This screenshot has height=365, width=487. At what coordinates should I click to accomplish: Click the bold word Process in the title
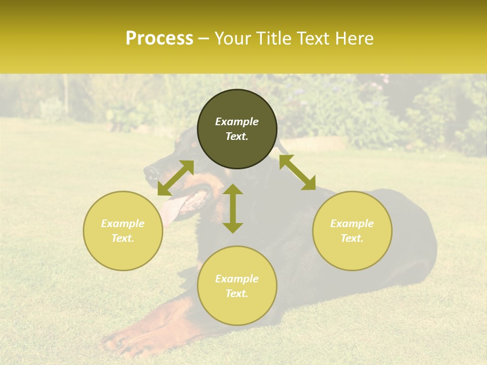(159, 39)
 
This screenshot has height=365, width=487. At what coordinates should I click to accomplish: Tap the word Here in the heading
(355, 39)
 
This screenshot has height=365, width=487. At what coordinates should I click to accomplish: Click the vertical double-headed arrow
(233, 208)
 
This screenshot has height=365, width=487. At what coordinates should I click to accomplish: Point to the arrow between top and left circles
(176, 178)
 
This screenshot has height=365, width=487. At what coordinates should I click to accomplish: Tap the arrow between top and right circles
(297, 172)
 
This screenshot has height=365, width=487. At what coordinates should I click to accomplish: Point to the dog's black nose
(150, 174)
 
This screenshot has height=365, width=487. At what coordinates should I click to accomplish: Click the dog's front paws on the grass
(127, 345)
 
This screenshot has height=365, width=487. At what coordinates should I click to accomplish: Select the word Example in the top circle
(237, 122)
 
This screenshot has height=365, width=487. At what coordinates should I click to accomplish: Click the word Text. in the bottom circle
(237, 294)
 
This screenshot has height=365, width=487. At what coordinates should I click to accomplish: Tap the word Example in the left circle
(123, 224)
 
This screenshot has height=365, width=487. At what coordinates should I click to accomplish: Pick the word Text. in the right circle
(352, 238)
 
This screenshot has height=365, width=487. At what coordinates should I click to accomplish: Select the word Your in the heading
(231, 39)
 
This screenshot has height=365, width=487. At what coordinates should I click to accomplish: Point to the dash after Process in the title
(203, 39)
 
